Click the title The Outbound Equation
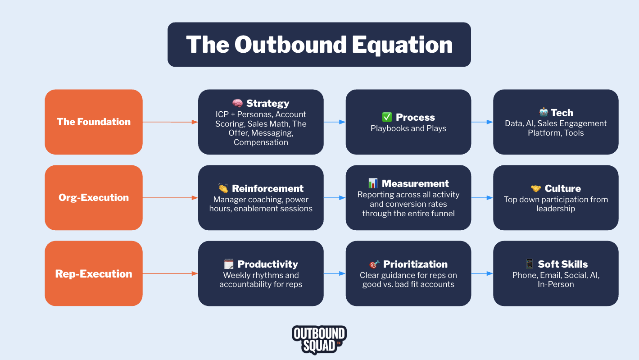(x=319, y=45)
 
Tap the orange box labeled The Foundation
(x=94, y=122)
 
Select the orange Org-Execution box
(x=94, y=197)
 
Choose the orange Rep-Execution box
(x=94, y=273)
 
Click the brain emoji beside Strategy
(x=237, y=104)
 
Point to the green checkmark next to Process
(x=387, y=117)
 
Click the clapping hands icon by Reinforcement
(x=223, y=188)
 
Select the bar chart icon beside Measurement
(x=373, y=183)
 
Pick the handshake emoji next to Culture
(x=536, y=188)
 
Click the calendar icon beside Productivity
(x=229, y=264)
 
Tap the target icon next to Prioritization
(x=374, y=264)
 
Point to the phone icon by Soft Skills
(x=529, y=264)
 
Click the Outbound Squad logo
(x=319, y=339)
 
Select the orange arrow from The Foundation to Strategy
(x=170, y=122)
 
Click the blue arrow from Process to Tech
(x=482, y=122)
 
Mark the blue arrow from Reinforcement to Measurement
(x=334, y=197)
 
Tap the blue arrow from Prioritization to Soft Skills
(x=482, y=273)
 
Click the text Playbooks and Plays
(x=408, y=128)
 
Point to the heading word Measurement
(x=415, y=183)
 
